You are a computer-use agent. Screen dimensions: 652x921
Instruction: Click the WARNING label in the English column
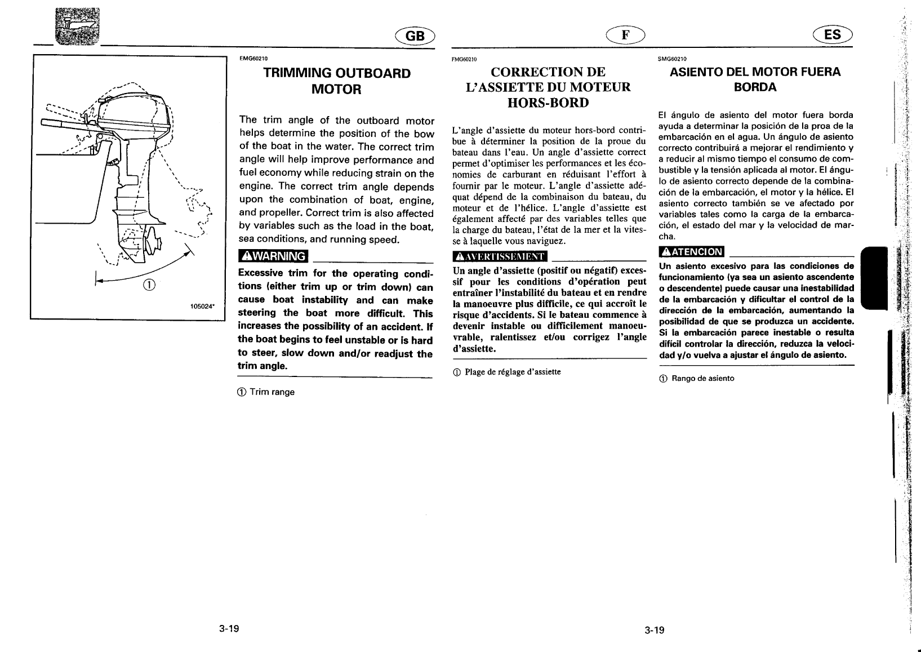pos(273,256)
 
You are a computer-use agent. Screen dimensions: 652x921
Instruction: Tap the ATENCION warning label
pos(692,251)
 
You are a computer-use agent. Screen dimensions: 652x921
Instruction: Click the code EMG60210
pos(253,59)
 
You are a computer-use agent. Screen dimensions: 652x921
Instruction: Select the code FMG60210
pos(465,59)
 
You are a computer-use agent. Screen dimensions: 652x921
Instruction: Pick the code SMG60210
pos(671,59)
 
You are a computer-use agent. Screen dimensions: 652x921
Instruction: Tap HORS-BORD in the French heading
pos(548,103)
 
